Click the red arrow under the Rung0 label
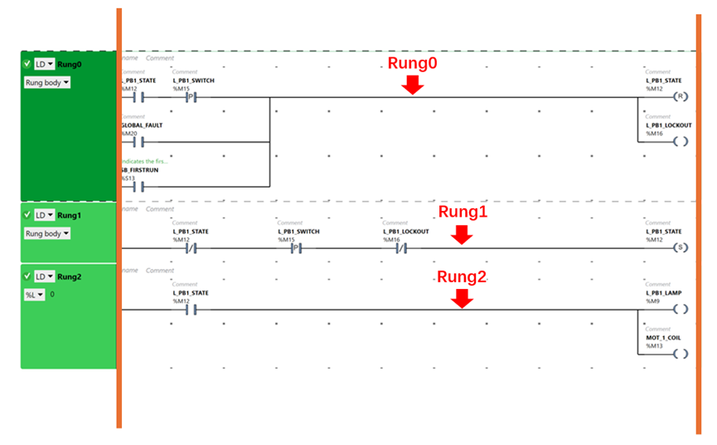point(413,84)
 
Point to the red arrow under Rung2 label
point(462,298)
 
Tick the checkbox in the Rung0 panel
point(27,64)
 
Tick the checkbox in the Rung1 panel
point(27,215)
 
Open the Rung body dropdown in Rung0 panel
point(47,83)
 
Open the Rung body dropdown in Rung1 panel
point(47,234)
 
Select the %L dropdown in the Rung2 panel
point(34,295)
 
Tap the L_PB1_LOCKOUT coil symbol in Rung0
point(681,141)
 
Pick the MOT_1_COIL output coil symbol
point(681,354)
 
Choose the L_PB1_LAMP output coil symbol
point(681,310)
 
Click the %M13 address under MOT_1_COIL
point(654,346)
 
